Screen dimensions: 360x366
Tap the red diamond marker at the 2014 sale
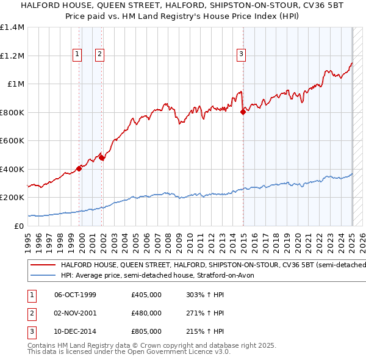[x=243, y=112]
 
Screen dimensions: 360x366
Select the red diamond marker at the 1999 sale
[x=79, y=168]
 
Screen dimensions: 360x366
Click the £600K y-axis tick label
[x=12, y=141]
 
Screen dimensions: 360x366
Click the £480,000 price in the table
[x=146, y=313]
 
